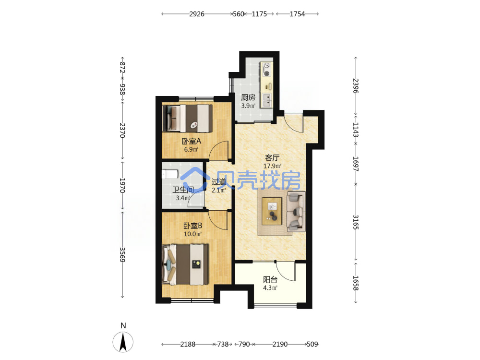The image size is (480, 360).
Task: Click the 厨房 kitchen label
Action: point(248,97)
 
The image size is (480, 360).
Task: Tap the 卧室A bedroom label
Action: point(192,141)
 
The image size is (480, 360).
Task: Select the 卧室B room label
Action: point(192,226)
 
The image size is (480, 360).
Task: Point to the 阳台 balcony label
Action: point(270,279)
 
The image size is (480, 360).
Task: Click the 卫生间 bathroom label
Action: point(183,190)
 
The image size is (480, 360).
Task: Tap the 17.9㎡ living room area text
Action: point(272,166)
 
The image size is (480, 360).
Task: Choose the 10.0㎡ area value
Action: point(192,234)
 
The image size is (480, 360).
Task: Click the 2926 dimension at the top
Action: point(196,14)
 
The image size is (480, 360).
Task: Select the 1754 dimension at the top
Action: point(297,14)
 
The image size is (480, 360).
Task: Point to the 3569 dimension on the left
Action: point(122,255)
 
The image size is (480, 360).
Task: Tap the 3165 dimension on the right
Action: point(356,222)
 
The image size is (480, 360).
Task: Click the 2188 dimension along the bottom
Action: point(188,344)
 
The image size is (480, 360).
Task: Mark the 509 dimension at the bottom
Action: point(312,344)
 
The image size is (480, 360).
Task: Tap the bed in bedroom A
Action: point(187,119)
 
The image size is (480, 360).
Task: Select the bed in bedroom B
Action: point(185,264)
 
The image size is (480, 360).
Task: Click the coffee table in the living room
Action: point(272,211)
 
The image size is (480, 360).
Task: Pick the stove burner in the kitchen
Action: point(267,73)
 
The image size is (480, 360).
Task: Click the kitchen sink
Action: point(267,100)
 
